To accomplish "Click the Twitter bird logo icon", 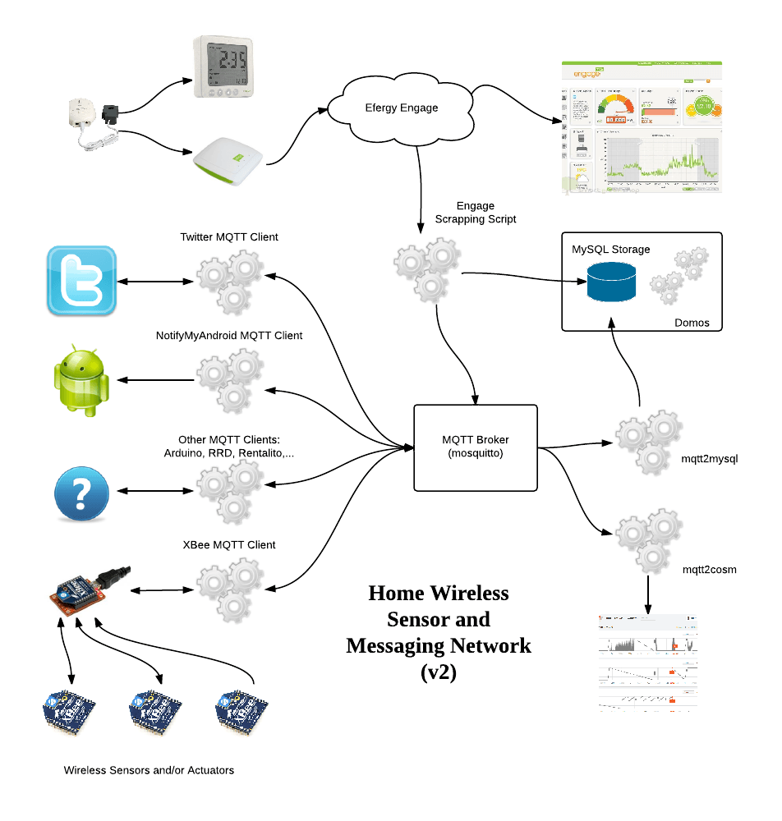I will (81, 281).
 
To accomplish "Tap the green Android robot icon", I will (81, 379).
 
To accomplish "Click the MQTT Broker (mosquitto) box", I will (475, 445).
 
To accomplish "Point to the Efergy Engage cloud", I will (401, 108).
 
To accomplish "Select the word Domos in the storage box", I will (692, 322).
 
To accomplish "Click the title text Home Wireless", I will (439, 593).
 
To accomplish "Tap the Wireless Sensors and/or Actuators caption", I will (149, 770).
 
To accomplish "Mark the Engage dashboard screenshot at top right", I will (641, 127).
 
